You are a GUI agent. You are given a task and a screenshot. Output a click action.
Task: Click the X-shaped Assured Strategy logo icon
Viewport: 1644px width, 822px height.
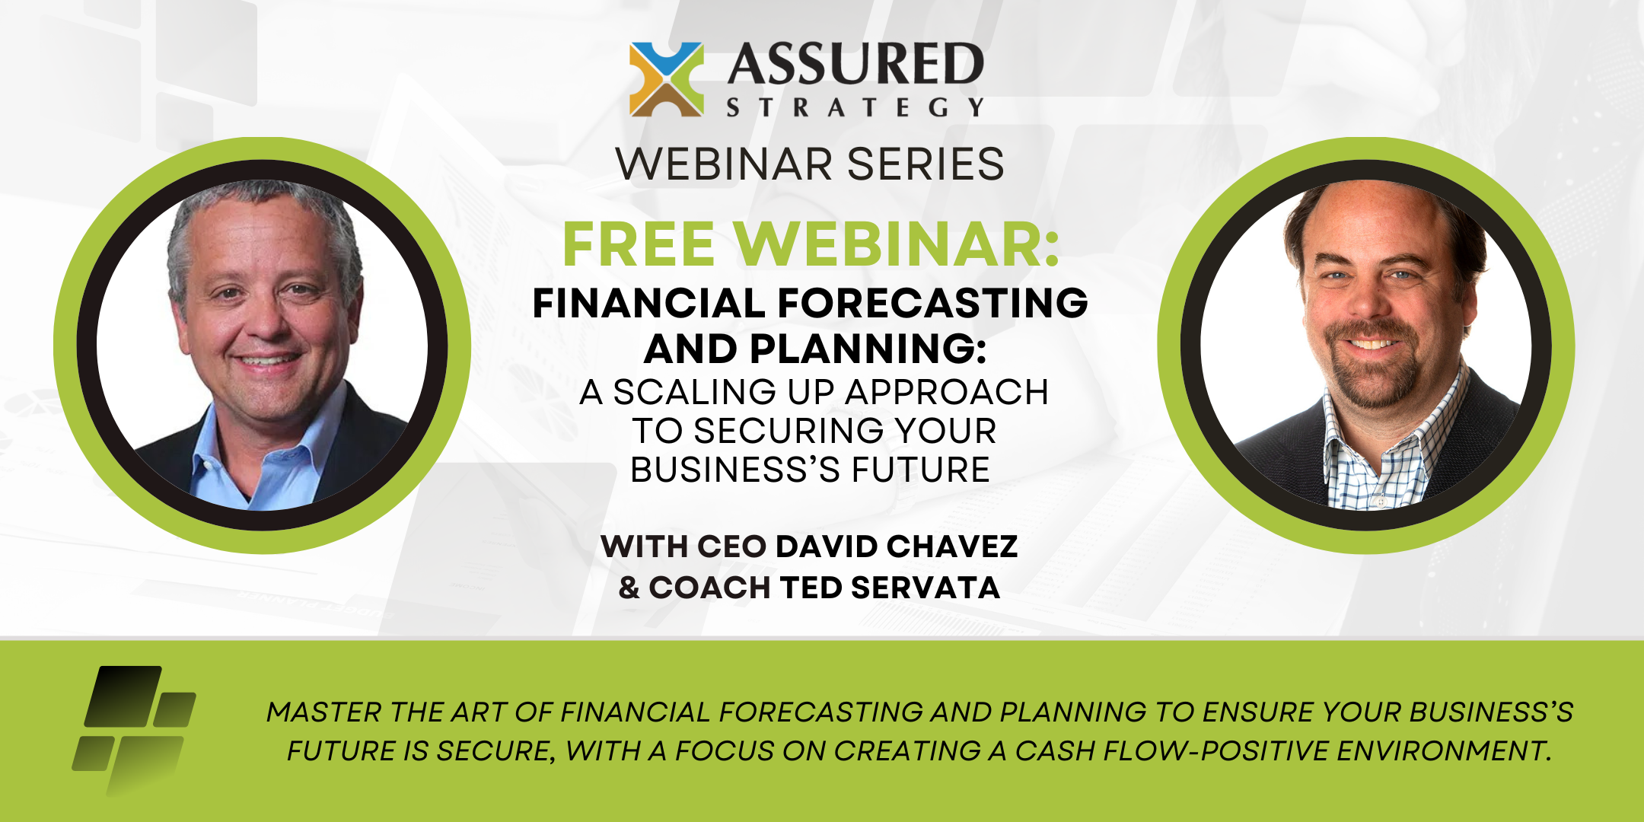(667, 79)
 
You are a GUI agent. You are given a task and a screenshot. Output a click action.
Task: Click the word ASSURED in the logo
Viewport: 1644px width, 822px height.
(855, 64)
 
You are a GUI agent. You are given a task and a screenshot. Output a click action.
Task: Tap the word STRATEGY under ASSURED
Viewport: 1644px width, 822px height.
(855, 107)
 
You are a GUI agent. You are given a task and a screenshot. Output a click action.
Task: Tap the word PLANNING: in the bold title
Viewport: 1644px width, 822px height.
(868, 349)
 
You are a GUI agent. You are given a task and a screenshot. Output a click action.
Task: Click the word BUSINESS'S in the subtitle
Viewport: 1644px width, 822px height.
(735, 470)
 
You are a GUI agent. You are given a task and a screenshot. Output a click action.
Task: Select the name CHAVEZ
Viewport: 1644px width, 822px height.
(952, 546)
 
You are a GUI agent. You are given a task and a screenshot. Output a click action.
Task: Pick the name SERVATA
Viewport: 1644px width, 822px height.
(926, 588)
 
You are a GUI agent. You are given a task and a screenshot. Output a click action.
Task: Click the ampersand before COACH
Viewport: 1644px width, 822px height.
(629, 588)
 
